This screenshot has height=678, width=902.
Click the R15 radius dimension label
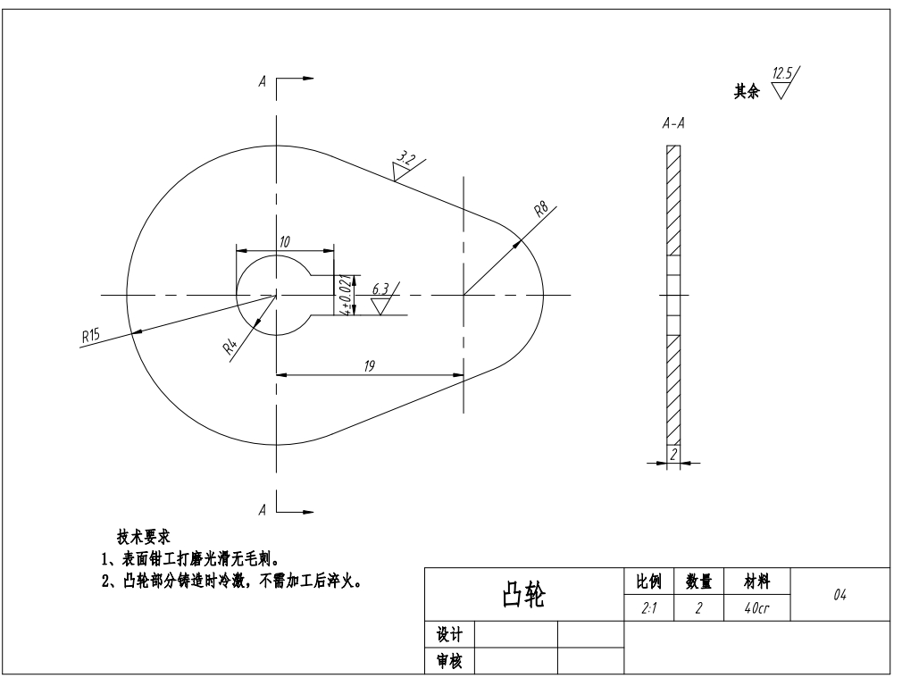90,337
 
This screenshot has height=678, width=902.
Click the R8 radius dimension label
541,211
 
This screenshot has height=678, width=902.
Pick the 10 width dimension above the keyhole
284,242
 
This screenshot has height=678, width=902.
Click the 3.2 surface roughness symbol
407,165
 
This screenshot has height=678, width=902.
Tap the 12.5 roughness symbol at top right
785,83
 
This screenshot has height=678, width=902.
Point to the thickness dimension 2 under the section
673,455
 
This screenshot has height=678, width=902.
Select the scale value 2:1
647,607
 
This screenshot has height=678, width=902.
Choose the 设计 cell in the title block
448,634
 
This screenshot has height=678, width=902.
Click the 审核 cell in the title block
448,661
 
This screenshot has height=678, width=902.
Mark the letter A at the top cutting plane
263,80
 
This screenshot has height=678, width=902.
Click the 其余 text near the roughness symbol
747,92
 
